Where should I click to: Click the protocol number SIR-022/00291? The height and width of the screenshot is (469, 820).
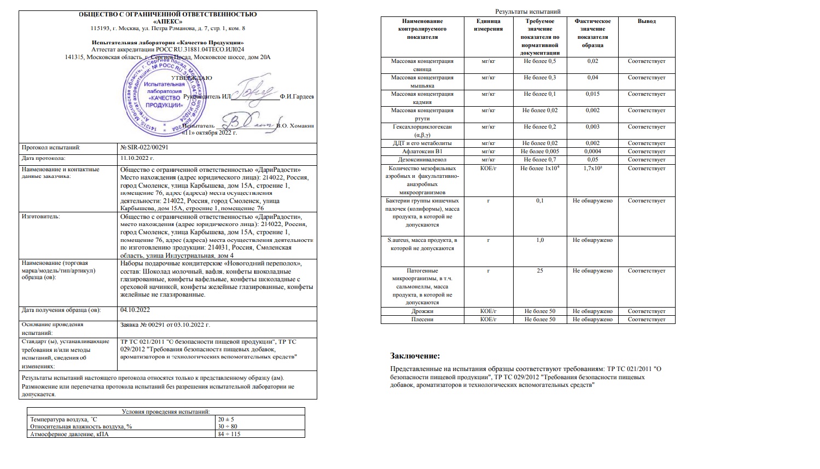[144, 147]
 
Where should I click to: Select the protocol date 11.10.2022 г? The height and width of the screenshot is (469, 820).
[137, 158]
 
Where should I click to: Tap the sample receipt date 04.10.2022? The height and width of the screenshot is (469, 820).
[135, 310]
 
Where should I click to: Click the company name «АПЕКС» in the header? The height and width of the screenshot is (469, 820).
[167, 21]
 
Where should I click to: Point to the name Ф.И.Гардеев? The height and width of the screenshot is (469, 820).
[297, 96]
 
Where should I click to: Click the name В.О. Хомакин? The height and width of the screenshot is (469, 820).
[295, 125]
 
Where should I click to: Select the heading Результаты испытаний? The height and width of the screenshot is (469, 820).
[527, 11]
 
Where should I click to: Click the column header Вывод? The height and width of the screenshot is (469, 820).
[647, 21]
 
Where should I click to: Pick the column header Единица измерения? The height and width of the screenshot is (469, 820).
[488, 25]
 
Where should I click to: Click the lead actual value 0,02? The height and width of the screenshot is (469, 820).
[592, 61]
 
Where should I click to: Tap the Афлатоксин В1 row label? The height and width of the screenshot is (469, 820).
[422, 152]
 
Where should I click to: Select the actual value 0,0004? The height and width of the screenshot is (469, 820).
[592, 152]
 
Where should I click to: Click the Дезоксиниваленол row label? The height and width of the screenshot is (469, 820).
[422, 160]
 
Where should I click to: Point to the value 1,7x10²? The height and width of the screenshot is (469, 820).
[592, 168]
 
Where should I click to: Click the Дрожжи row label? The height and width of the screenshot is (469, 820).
[422, 311]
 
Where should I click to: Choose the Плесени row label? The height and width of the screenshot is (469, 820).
[422, 319]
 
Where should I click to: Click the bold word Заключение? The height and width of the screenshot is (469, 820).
[415, 356]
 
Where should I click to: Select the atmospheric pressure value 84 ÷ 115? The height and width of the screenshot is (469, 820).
[229, 434]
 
